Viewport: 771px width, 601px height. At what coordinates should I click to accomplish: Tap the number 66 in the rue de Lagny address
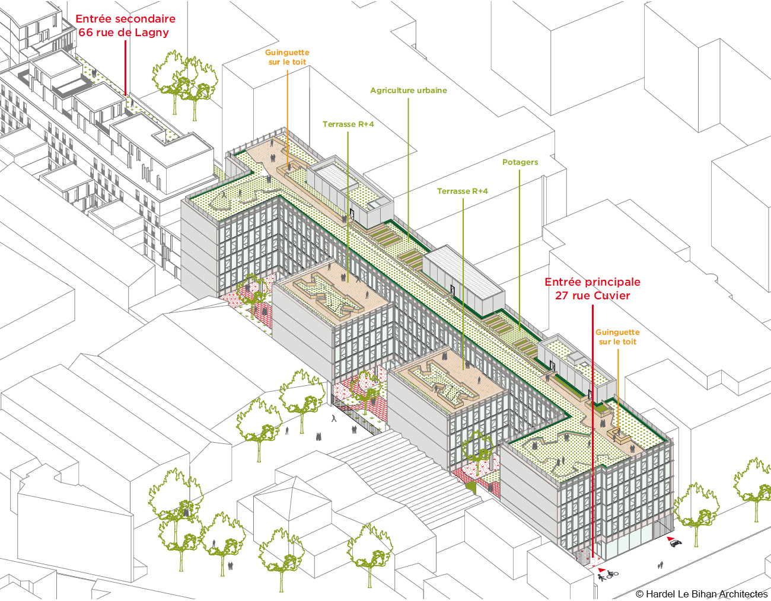[x=85, y=32]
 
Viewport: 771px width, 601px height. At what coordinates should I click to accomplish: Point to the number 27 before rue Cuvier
[x=562, y=296]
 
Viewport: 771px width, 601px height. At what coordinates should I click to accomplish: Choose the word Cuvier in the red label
[x=613, y=296]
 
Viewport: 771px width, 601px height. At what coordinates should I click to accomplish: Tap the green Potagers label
[x=520, y=162]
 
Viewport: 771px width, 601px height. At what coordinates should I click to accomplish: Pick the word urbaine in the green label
[x=432, y=91]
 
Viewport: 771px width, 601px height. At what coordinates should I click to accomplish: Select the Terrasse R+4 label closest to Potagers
[x=463, y=191]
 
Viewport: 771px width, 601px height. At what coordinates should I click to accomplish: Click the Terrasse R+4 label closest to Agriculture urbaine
[x=348, y=124]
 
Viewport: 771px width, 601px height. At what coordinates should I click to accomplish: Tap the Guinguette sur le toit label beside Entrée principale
[x=617, y=337]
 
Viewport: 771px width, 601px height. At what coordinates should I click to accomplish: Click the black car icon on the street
[x=676, y=543]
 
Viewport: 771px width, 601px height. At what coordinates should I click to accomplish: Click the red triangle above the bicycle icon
[x=601, y=570]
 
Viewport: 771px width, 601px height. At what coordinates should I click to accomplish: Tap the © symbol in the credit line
[x=640, y=594]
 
